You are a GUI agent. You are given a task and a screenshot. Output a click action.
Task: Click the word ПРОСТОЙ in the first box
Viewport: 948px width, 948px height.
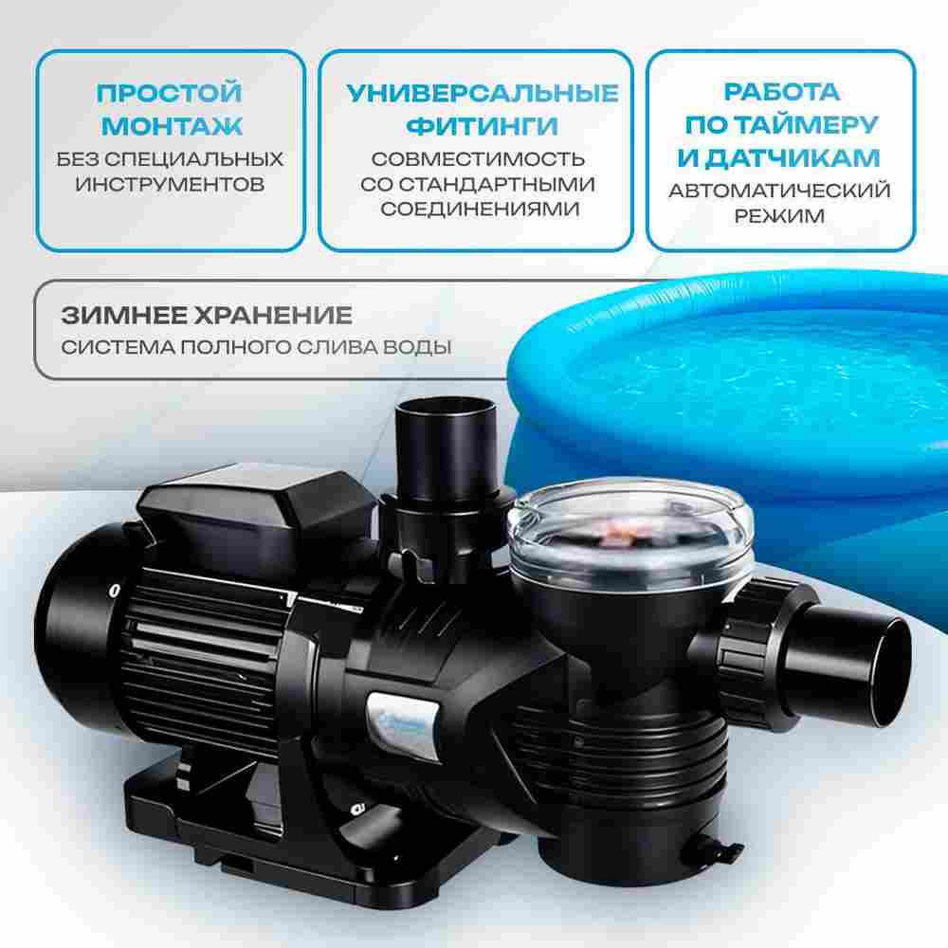point(170,93)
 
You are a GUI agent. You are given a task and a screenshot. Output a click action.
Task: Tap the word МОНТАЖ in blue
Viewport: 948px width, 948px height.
point(171,125)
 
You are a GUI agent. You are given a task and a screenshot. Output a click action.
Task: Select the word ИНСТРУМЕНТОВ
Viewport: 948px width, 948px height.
point(171,183)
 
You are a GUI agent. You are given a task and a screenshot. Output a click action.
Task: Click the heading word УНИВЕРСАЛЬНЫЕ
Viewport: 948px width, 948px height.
point(482,93)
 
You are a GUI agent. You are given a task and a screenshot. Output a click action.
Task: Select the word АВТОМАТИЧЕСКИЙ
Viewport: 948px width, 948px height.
point(779,191)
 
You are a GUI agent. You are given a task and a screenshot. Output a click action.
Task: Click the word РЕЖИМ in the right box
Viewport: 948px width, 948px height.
point(779,216)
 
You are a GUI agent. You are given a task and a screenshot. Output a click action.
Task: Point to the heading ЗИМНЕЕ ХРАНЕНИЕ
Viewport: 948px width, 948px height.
point(206,316)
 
